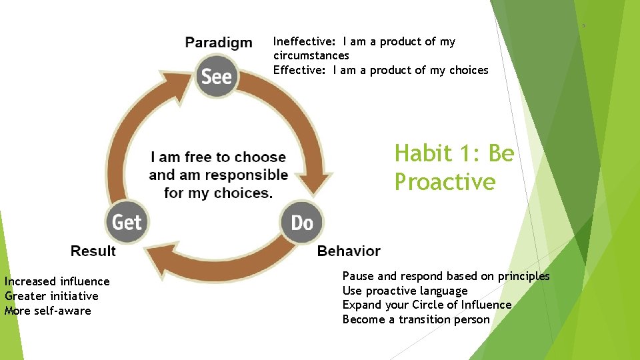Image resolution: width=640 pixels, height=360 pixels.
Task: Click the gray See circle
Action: (217, 77)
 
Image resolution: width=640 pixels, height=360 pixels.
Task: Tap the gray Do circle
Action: (302, 222)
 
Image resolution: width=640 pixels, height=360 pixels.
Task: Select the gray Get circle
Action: (127, 222)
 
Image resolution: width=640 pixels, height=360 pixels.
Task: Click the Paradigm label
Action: (219, 43)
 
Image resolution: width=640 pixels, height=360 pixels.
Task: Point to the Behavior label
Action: (349, 251)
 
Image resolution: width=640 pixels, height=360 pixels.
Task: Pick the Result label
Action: (93, 251)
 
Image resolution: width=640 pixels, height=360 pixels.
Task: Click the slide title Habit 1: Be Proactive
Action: (454, 167)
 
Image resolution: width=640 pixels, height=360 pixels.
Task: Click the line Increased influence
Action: (57, 281)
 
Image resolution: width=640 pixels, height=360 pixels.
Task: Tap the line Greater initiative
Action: (51, 296)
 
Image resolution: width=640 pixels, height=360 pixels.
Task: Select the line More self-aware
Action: (48, 311)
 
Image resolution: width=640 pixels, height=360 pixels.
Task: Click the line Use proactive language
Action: (405, 291)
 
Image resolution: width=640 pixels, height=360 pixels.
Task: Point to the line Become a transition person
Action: (416, 319)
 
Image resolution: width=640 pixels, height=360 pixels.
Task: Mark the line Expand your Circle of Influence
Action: (427, 305)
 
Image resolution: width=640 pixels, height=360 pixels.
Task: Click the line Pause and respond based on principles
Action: (446, 276)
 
